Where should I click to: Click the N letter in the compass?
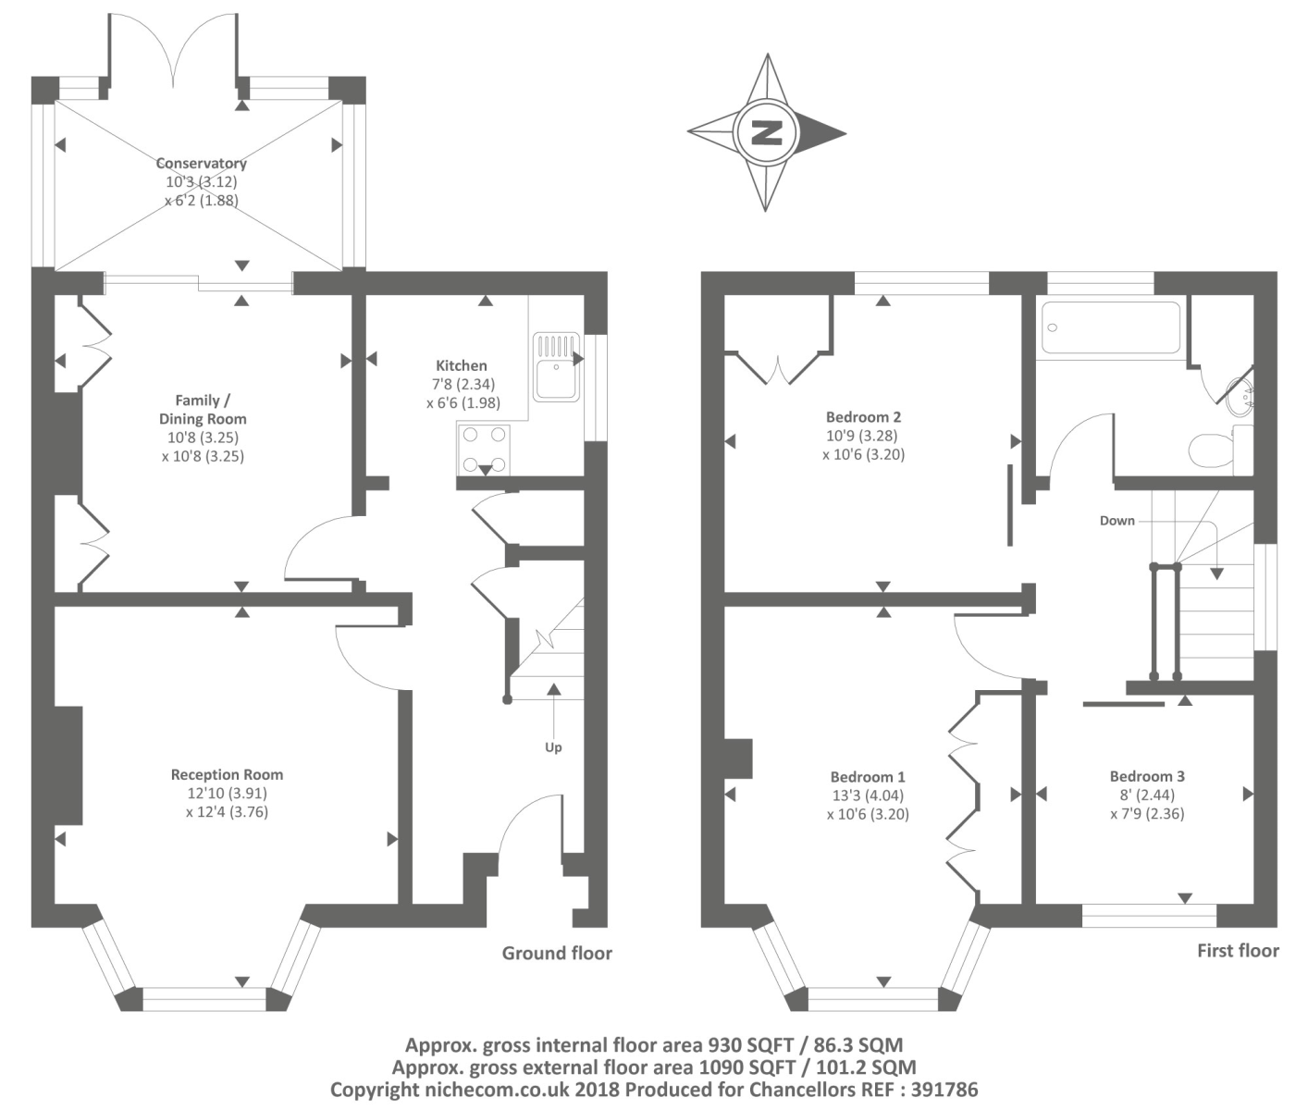point(766,132)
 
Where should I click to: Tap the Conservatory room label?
point(201,164)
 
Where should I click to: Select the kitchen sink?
point(556,367)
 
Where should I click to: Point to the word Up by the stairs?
point(553,747)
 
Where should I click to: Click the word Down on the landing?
point(1117,521)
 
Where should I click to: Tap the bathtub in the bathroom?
point(1110,327)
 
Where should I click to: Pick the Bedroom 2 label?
point(863,417)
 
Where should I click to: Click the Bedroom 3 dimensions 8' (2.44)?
point(1147,795)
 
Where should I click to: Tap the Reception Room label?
point(227,775)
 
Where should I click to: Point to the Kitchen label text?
point(461,365)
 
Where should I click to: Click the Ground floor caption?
point(557,953)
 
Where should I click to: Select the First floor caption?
point(1238,951)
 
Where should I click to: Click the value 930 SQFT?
point(751,1046)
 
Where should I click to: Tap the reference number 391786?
point(944,1091)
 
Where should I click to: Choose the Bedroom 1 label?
point(868,777)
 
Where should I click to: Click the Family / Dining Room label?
point(203,410)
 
